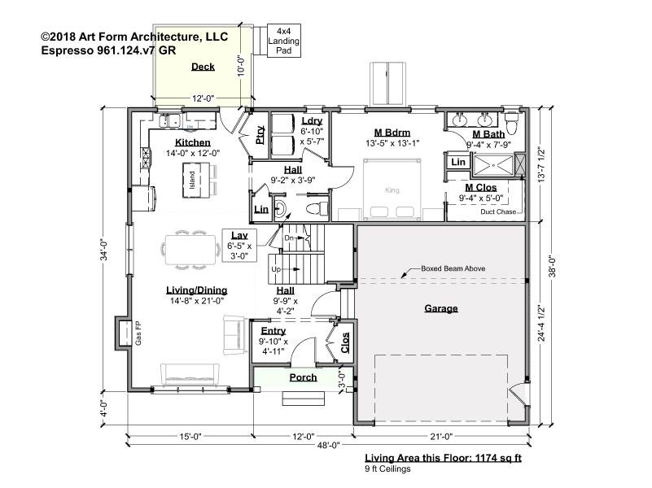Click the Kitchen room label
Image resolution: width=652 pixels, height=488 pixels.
(x=193, y=142)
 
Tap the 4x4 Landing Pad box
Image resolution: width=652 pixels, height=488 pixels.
(x=283, y=41)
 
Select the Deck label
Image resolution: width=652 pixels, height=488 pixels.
(x=203, y=67)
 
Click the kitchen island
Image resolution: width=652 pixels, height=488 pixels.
(x=196, y=181)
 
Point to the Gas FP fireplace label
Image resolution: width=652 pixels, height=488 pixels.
(x=138, y=333)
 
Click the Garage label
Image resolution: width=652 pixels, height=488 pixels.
(x=441, y=308)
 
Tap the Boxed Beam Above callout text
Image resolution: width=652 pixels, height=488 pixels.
(x=453, y=268)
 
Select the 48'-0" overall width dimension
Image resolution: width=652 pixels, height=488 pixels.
(x=329, y=446)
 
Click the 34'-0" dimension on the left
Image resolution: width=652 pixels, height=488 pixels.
(x=104, y=250)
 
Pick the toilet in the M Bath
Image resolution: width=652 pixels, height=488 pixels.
(x=512, y=123)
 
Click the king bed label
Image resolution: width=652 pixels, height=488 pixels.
(x=392, y=190)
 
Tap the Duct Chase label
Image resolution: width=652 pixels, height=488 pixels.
(x=498, y=211)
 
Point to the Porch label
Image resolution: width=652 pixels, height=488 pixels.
(x=303, y=377)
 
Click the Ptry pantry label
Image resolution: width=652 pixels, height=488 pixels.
(x=260, y=135)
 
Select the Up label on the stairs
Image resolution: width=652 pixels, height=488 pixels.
(x=276, y=269)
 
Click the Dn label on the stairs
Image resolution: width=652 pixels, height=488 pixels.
(x=289, y=238)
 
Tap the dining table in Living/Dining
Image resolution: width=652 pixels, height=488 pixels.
(x=190, y=250)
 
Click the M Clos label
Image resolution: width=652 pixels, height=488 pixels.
(x=481, y=187)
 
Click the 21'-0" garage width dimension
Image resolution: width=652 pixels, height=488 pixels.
(x=441, y=436)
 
